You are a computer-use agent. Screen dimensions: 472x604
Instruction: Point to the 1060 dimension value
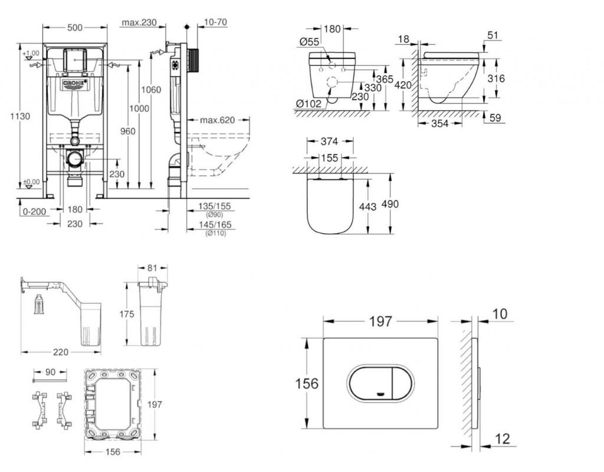click(150, 90)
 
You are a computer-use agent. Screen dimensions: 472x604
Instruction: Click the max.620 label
click(216, 121)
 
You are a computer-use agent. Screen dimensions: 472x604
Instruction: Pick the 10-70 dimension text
click(215, 22)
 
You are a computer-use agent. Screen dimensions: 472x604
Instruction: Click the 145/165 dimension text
click(215, 225)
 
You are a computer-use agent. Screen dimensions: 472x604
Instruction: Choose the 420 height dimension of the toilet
click(403, 85)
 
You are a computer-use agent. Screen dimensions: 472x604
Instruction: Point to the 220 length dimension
click(61, 352)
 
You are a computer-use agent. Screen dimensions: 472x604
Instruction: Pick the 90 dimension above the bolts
click(50, 372)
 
